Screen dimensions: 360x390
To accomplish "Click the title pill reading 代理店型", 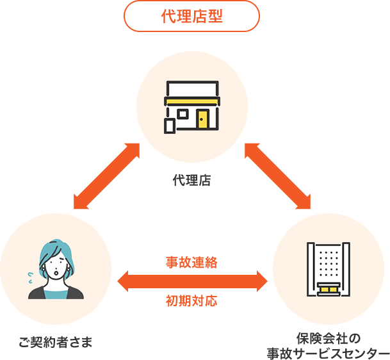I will [x=192, y=16].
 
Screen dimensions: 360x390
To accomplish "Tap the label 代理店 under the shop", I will [x=191, y=180].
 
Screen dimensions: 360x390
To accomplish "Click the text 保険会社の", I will [x=329, y=338].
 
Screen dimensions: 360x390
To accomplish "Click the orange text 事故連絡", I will [x=191, y=261].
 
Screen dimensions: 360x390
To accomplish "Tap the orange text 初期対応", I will [x=191, y=300].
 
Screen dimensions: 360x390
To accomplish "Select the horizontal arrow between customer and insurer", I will [x=192, y=281].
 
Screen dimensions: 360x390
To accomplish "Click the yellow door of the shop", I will [x=203, y=120].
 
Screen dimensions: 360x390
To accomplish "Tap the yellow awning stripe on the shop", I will [x=191, y=101].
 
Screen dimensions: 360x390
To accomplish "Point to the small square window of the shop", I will [x=183, y=115].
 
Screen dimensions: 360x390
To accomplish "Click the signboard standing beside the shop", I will [x=170, y=126].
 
